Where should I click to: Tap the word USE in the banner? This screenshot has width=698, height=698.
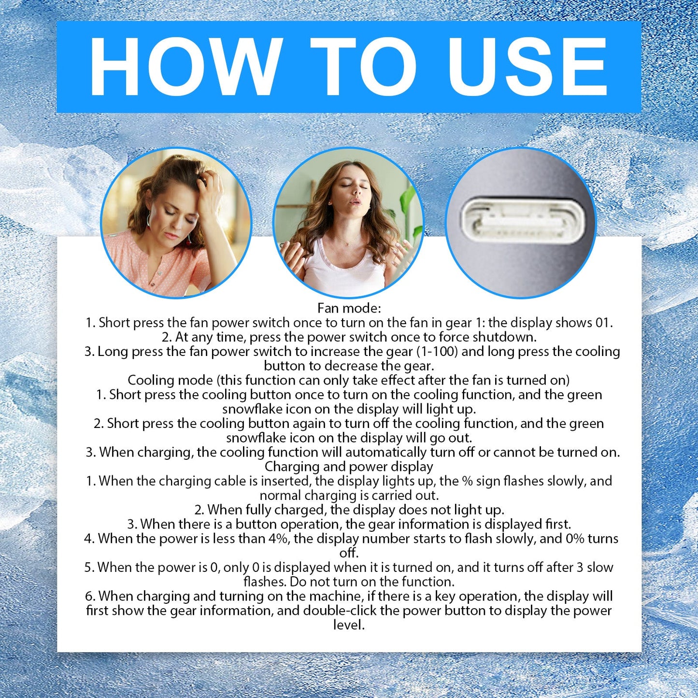coord(524,67)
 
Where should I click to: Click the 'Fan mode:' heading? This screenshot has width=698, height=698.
coord(349,308)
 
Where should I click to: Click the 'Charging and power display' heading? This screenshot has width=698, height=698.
coord(349,467)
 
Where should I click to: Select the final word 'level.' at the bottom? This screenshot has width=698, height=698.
coord(349,625)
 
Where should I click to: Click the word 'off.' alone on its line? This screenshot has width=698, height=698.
coord(349,553)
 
